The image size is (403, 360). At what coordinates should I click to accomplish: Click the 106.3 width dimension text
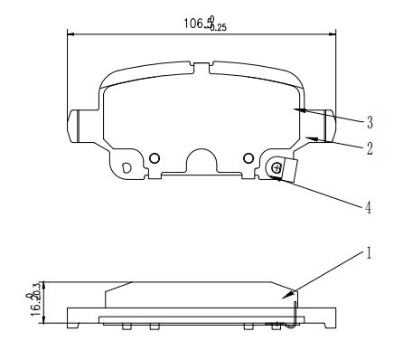tap(200, 24)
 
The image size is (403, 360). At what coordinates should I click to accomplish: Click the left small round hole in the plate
tap(155, 158)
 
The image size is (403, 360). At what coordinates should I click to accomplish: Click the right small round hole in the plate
tap(248, 158)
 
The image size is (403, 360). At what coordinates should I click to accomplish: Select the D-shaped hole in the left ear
tap(126, 167)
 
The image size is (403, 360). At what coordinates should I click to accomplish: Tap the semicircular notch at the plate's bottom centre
tap(201, 162)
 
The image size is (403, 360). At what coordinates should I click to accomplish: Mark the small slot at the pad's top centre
tap(202, 65)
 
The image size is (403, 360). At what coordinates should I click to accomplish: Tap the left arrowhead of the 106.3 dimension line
tap(71, 36)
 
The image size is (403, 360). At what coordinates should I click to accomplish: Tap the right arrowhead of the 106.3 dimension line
tap(333, 36)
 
